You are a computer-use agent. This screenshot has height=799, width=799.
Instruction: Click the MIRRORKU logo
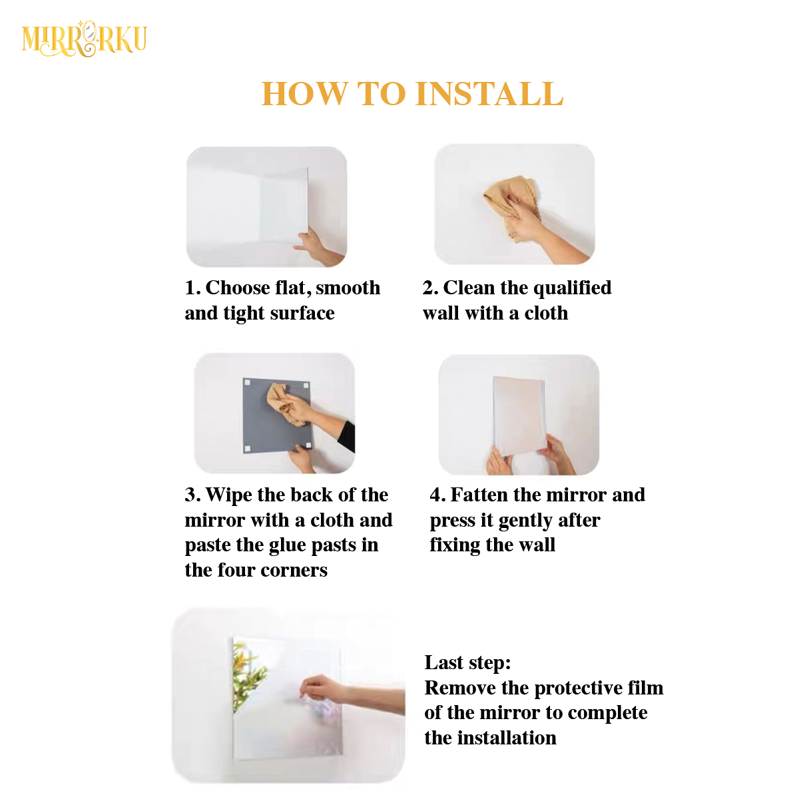84,39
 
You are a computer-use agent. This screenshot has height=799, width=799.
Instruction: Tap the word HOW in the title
304,93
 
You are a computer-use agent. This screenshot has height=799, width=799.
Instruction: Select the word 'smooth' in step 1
348,288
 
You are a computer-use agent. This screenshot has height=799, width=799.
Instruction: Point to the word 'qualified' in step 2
572,288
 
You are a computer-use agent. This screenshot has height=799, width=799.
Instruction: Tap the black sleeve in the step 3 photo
346,437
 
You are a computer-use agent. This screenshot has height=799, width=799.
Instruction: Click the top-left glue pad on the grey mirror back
247,382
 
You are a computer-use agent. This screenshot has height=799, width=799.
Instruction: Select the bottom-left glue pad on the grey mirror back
248,449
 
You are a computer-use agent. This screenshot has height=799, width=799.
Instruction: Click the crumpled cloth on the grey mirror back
286,404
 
